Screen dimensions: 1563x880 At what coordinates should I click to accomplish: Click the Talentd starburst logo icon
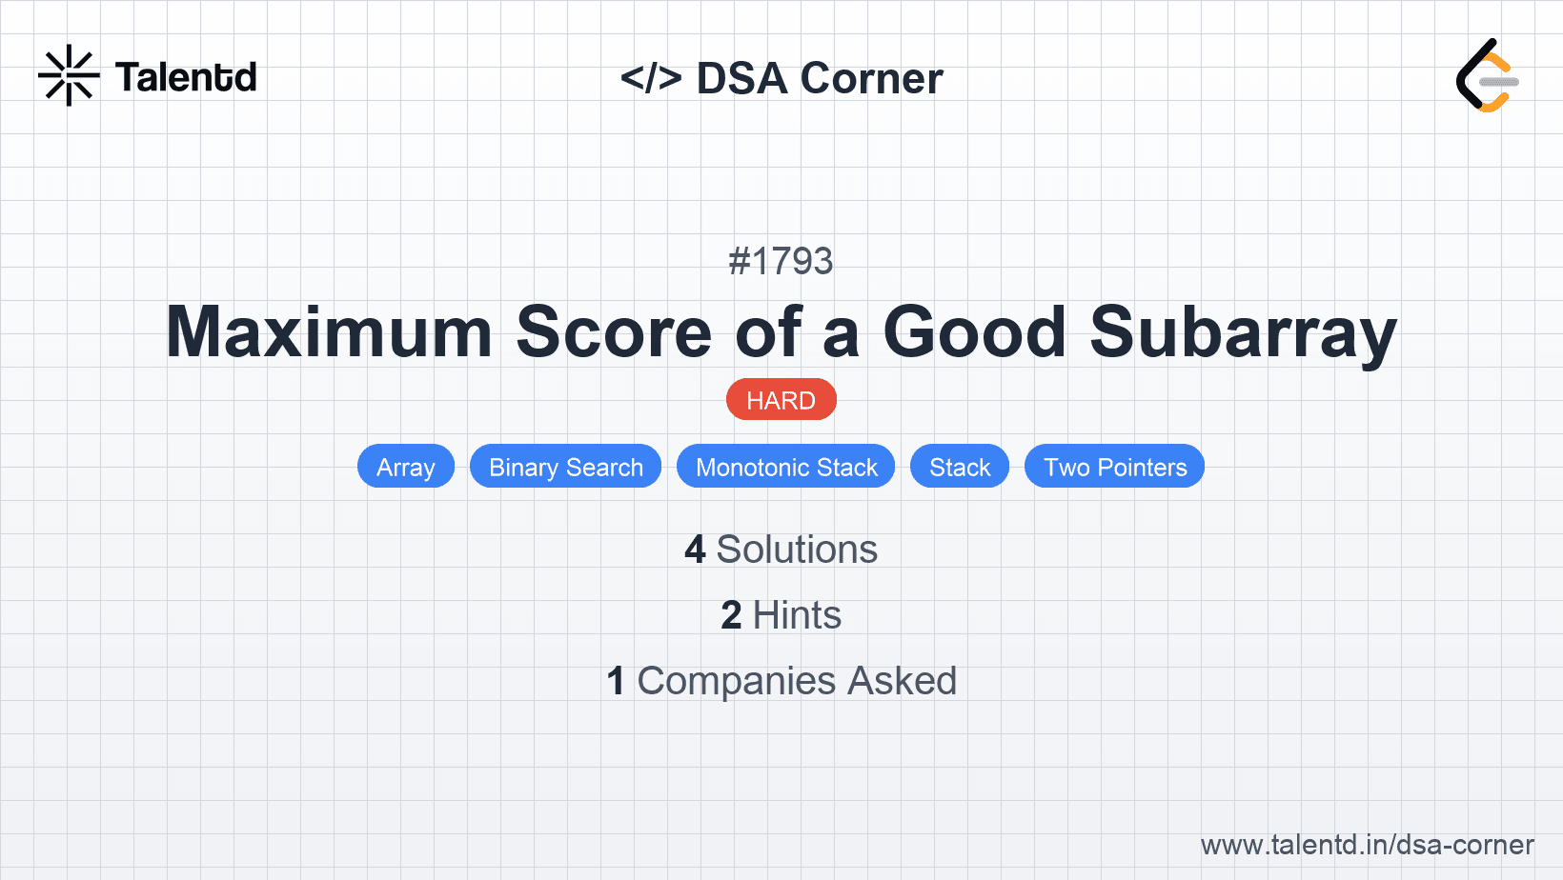point(69,75)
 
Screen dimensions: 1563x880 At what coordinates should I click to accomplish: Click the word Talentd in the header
point(186,77)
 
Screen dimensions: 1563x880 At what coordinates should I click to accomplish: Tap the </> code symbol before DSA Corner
point(651,78)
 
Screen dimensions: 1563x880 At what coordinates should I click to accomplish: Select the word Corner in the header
point(871,78)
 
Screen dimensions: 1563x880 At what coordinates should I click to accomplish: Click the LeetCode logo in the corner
point(1487,75)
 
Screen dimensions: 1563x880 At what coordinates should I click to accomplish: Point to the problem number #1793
point(781,262)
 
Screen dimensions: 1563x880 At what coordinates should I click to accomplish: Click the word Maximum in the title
point(330,332)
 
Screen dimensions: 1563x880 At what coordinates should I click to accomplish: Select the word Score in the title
point(614,332)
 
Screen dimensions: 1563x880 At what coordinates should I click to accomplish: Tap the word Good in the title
point(975,332)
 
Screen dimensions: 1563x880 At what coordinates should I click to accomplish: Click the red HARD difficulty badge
point(781,400)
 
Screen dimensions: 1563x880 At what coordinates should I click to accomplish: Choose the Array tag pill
point(406,467)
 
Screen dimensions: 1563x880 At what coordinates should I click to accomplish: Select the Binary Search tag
point(566,467)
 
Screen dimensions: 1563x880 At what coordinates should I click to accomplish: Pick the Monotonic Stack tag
point(786,467)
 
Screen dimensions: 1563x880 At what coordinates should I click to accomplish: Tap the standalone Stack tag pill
point(960,467)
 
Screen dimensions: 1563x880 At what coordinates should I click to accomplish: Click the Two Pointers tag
point(1115,467)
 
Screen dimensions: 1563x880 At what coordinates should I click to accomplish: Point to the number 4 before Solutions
point(695,550)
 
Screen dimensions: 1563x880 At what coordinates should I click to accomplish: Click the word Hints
point(797,615)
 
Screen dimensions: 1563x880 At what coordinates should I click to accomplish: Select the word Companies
point(737,681)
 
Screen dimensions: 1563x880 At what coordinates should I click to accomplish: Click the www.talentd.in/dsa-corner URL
point(1367,845)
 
